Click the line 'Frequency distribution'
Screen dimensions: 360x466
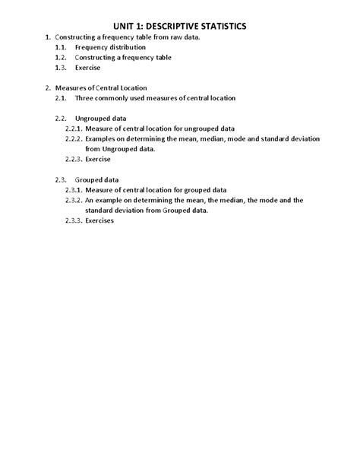click(110, 47)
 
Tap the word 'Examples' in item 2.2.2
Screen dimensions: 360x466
click(102, 139)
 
